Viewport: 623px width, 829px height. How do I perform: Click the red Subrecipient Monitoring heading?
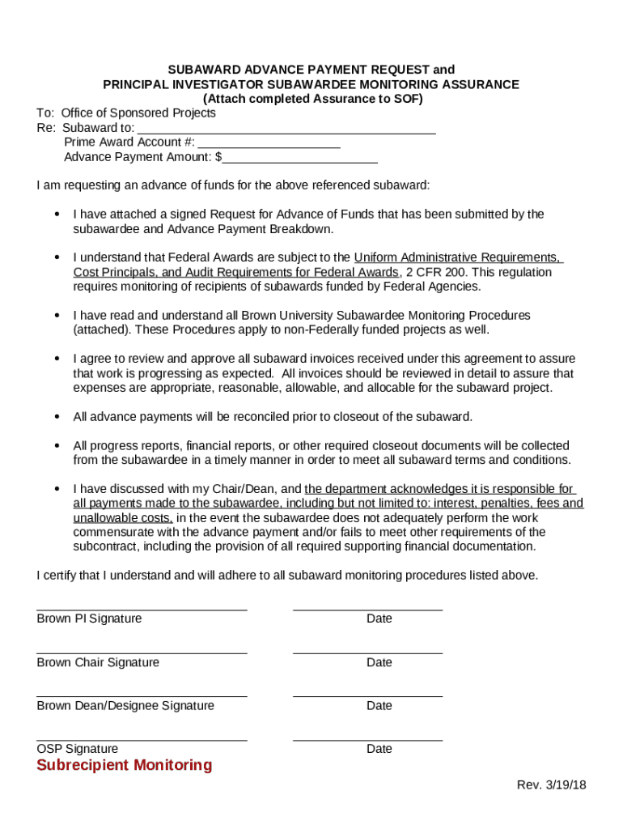point(124,766)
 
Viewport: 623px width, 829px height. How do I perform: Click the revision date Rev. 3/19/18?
point(552,786)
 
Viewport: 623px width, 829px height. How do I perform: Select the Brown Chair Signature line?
point(142,653)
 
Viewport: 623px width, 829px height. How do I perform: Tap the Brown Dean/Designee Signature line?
point(142,695)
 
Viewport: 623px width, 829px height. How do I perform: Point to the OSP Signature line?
point(142,739)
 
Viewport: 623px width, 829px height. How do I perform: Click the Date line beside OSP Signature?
point(367,739)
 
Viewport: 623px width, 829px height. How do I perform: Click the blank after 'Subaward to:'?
point(286,130)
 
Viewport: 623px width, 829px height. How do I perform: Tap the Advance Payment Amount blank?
point(300,159)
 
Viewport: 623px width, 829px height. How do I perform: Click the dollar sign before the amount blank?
point(218,157)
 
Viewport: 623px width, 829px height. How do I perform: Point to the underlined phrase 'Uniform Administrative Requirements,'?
point(458,257)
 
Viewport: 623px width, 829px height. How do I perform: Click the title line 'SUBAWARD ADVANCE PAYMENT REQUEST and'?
point(311,70)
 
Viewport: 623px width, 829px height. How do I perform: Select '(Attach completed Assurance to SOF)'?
point(311,99)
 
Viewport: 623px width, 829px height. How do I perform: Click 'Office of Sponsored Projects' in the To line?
point(138,113)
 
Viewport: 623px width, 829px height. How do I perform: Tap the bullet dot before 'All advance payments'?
point(57,417)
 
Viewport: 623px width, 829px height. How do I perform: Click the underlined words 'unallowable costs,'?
point(123,518)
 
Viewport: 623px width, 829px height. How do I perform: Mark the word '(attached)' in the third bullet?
point(102,330)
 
